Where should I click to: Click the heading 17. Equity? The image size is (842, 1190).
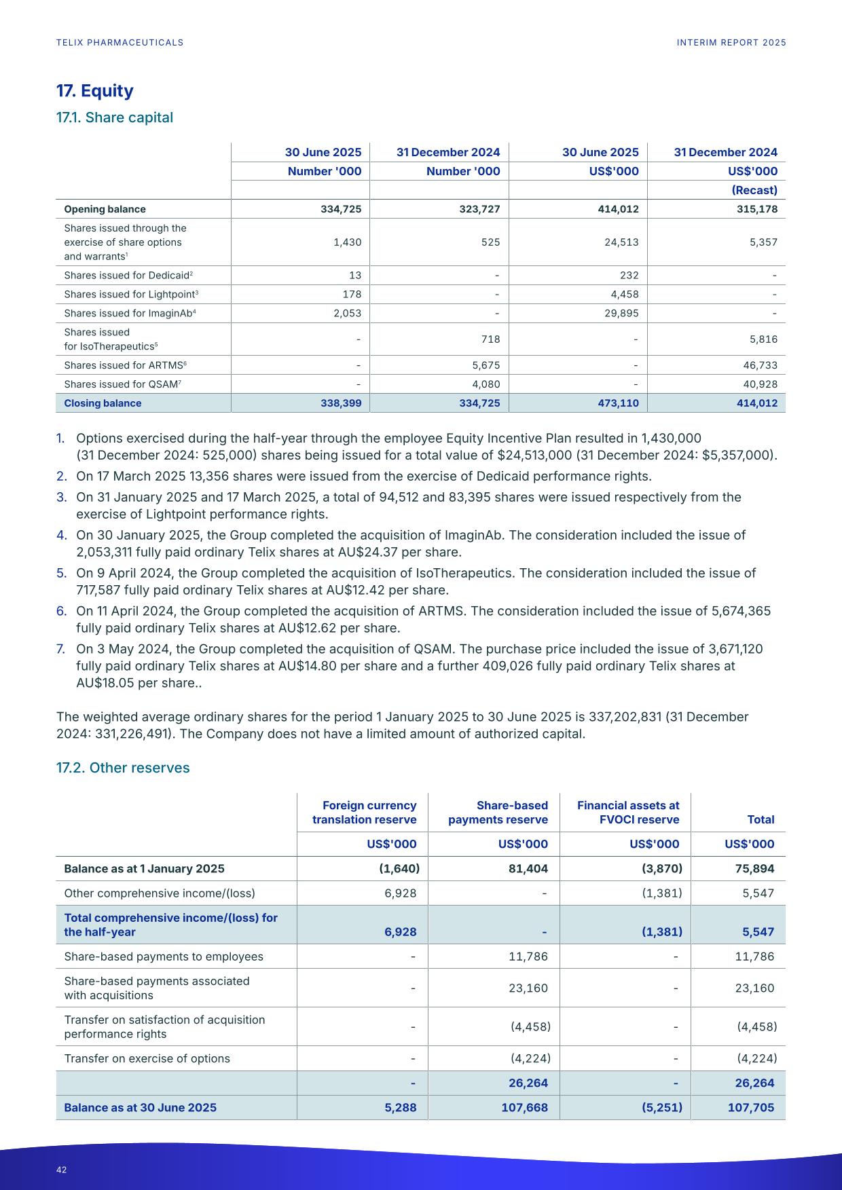[x=94, y=91]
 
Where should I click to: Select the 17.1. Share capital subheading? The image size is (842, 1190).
[x=114, y=117]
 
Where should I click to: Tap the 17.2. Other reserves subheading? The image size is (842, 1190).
[x=122, y=768]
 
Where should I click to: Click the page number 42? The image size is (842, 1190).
[x=62, y=1170]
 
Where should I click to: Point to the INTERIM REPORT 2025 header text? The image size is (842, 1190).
[x=731, y=43]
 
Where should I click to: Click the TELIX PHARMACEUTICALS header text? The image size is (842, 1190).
[x=120, y=43]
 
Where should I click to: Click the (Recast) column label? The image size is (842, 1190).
[x=754, y=190]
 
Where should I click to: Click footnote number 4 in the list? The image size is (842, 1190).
[x=60, y=535]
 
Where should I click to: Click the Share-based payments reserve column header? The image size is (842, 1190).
[x=498, y=813]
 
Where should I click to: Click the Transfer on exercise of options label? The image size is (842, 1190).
[x=147, y=1058]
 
